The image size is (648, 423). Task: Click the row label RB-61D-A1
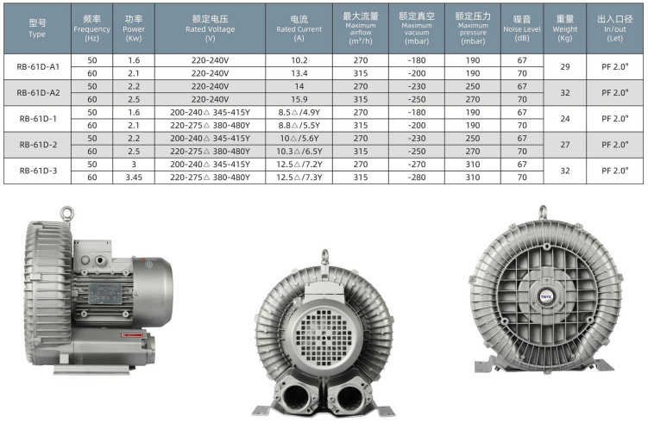(38, 67)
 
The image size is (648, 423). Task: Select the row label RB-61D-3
(38, 171)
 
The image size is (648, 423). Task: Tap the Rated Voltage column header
(210, 28)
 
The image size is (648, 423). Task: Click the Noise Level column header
(522, 28)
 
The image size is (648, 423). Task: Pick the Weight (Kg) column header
(565, 28)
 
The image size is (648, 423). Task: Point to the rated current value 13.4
(299, 73)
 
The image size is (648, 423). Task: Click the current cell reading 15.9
(299, 99)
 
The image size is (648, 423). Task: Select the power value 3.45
(134, 177)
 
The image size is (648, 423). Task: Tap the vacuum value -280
(417, 177)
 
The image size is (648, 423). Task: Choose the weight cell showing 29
(565, 67)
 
